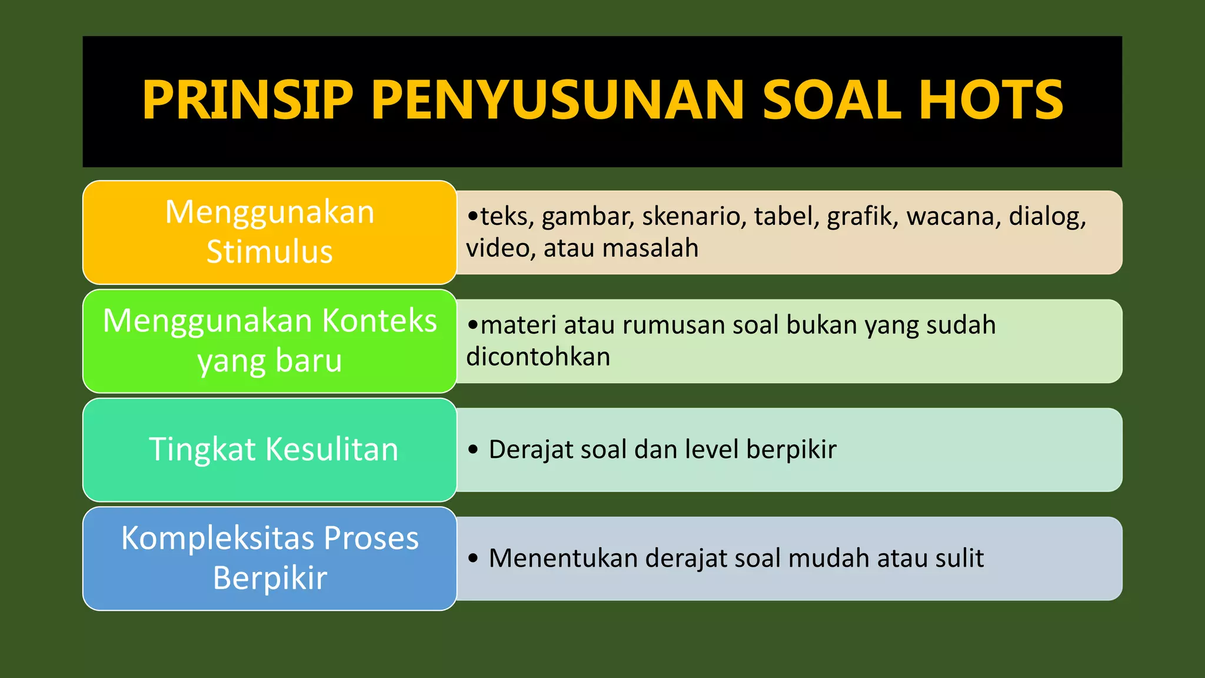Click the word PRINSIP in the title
coord(247,100)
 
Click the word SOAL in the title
coord(832,100)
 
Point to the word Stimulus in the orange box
coord(269,252)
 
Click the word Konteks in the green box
coord(380,321)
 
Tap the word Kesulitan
coord(332,450)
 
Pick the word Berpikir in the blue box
coord(269,578)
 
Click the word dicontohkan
coord(538,357)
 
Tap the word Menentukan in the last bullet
coord(563,559)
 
